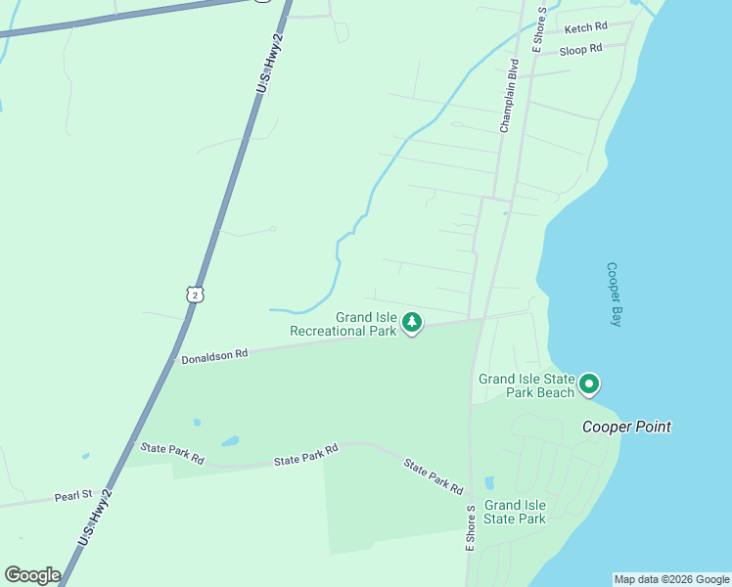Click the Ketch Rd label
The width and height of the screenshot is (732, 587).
(x=585, y=28)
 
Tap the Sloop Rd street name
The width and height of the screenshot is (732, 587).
(x=580, y=49)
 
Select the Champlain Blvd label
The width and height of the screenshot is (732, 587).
(x=508, y=96)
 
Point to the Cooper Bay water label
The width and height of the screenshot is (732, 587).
(x=615, y=293)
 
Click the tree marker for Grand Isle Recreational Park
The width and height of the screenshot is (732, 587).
(x=412, y=322)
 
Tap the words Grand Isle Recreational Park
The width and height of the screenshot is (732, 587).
(x=343, y=324)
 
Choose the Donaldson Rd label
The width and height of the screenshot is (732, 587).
(x=214, y=355)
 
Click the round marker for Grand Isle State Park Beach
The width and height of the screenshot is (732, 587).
(x=589, y=384)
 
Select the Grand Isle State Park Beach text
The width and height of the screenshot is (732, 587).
(x=526, y=385)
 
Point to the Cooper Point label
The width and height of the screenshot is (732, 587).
(x=626, y=427)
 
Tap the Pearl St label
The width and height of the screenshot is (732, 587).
(x=73, y=496)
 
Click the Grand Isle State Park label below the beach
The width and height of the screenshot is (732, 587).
(x=515, y=512)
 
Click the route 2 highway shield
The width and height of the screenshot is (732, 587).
(x=196, y=293)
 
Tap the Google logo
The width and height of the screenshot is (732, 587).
(x=32, y=575)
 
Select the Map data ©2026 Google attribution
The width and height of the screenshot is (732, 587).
(x=671, y=579)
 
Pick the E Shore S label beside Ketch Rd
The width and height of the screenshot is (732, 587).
(x=537, y=33)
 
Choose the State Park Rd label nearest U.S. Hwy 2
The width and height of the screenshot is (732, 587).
(x=171, y=453)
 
